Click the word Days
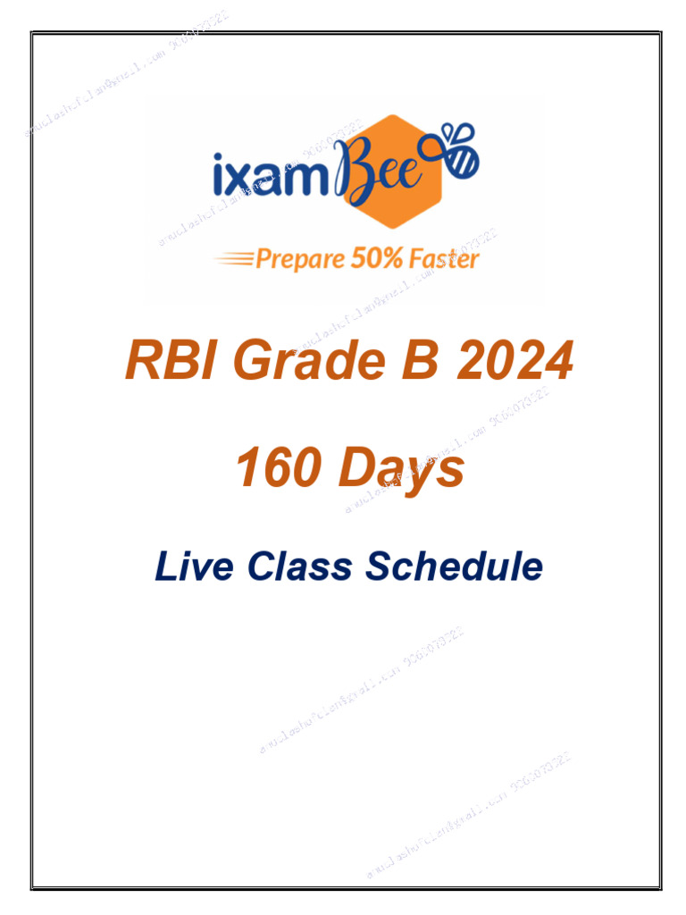pos(401,469)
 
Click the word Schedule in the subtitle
pos(456,567)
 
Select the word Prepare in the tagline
pos(300,260)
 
